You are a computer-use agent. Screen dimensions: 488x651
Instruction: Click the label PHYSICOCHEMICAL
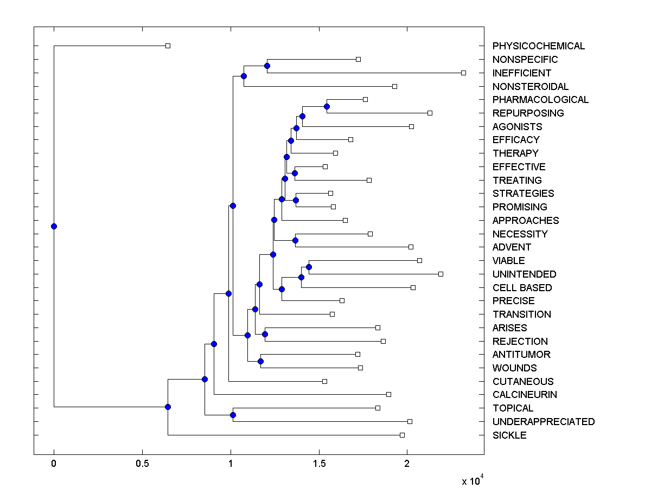pyautogui.click(x=538, y=46)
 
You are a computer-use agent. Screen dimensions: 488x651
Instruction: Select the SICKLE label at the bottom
pyautogui.click(x=509, y=435)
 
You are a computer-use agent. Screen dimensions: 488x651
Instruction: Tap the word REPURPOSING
pyautogui.click(x=528, y=113)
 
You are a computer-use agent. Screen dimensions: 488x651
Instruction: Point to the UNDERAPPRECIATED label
pyautogui.click(x=543, y=422)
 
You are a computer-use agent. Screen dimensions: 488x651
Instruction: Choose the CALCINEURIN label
pyautogui.click(x=525, y=395)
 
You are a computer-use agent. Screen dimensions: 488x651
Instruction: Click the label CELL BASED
pyautogui.click(x=522, y=288)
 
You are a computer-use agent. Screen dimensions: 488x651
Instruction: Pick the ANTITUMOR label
pyautogui.click(x=521, y=355)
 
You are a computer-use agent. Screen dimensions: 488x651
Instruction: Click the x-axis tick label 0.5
pyautogui.click(x=142, y=464)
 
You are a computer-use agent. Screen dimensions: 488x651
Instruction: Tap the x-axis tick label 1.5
pyautogui.click(x=319, y=464)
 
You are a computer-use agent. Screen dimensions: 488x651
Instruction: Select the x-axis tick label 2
pyautogui.click(x=407, y=464)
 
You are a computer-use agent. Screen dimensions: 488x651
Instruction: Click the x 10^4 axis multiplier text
pyautogui.click(x=470, y=480)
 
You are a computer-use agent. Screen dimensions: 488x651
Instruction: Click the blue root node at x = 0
pyautogui.click(x=54, y=226)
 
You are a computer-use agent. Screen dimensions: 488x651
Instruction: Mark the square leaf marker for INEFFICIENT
pyautogui.click(x=463, y=73)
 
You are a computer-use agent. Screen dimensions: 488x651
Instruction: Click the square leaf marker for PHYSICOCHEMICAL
pyautogui.click(x=168, y=46)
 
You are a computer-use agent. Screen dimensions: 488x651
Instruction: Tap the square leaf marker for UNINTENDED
pyautogui.click(x=441, y=274)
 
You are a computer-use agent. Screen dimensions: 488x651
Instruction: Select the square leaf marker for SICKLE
pyautogui.click(x=402, y=435)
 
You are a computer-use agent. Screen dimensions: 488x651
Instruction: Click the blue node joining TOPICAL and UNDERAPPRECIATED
pyautogui.click(x=233, y=415)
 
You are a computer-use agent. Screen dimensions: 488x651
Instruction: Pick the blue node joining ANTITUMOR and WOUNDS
pyautogui.click(x=260, y=361)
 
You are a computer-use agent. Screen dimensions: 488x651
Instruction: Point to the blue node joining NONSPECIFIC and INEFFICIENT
pyautogui.click(x=267, y=66)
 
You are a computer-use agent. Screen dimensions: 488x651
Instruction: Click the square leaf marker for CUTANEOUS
pyautogui.click(x=324, y=381)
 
